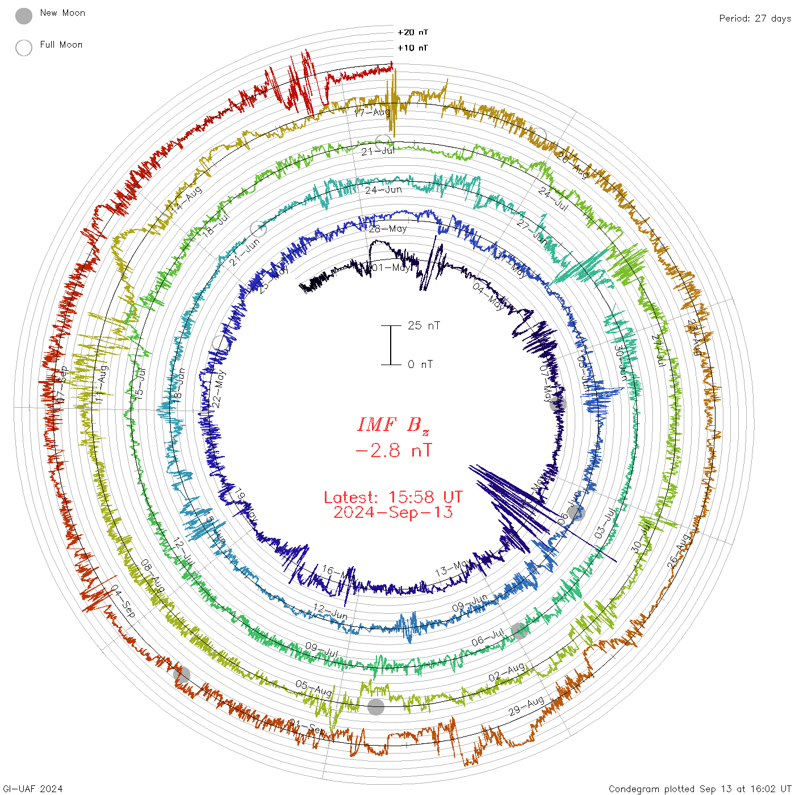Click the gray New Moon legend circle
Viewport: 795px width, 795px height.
(24, 16)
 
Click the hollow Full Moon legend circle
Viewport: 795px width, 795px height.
(24, 48)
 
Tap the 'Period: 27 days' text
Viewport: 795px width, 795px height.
(755, 19)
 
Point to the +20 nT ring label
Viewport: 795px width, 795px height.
(413, 32)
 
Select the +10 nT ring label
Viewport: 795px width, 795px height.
(413, 48)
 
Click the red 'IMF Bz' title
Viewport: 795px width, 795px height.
(393, 425)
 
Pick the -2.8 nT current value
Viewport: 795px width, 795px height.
(393, 450)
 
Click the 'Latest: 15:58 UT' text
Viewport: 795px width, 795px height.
(393, 497)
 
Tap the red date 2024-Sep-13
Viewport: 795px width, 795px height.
(393, 512)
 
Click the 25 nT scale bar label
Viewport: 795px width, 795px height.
(424, 326)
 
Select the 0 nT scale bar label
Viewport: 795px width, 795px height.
(420, 365)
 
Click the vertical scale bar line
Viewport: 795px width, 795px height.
(391, 345)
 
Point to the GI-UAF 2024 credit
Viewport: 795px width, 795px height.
(32, 789)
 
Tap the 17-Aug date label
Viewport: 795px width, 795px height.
(373, 112)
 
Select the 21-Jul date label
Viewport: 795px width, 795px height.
(378, 151)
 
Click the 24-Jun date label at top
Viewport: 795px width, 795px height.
(383, 190)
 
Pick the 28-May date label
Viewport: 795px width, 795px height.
(388, 229)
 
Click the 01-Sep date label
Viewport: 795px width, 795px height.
(307, 726)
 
